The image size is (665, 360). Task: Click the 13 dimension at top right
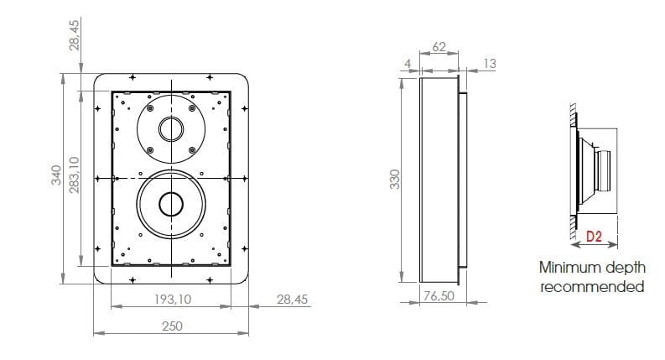[x=490, y=62]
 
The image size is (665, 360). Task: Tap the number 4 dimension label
[x=408, y=62]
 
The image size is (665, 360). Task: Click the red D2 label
[x=593, y=237]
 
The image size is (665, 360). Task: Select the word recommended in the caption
[x=592, y=286]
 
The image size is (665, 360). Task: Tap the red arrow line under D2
[x=594, y=246]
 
